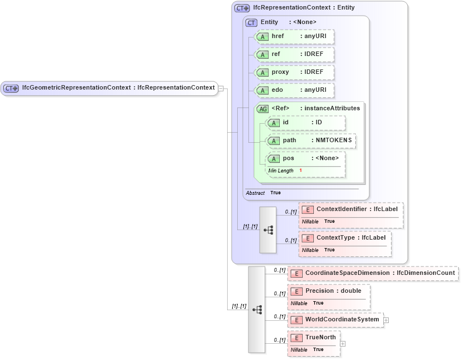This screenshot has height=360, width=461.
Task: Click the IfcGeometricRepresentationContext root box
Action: (109, 88)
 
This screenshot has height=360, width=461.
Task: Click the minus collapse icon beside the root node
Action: (222, 88)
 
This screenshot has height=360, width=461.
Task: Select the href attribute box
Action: (294, 36)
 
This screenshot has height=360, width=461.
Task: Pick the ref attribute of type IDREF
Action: (294, 54)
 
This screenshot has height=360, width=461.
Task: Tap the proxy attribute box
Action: (294, 72)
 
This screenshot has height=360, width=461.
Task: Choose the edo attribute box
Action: (294, 90)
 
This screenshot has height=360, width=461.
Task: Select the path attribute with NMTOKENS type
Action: (311, 141)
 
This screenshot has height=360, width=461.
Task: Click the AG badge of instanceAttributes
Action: (262, 109)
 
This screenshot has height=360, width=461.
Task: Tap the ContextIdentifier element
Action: (351, 209)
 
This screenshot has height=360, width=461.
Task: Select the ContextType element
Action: (345, 238)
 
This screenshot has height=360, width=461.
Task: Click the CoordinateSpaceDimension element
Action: (373, 273)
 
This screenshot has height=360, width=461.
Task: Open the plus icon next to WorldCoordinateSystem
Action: (386, 320)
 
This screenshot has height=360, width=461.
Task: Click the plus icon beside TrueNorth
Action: (343, 343)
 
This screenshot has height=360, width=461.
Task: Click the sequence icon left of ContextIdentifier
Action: (268, 230)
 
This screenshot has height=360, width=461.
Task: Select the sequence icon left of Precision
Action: (257, 309)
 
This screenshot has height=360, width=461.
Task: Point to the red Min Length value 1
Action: (300, 170)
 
